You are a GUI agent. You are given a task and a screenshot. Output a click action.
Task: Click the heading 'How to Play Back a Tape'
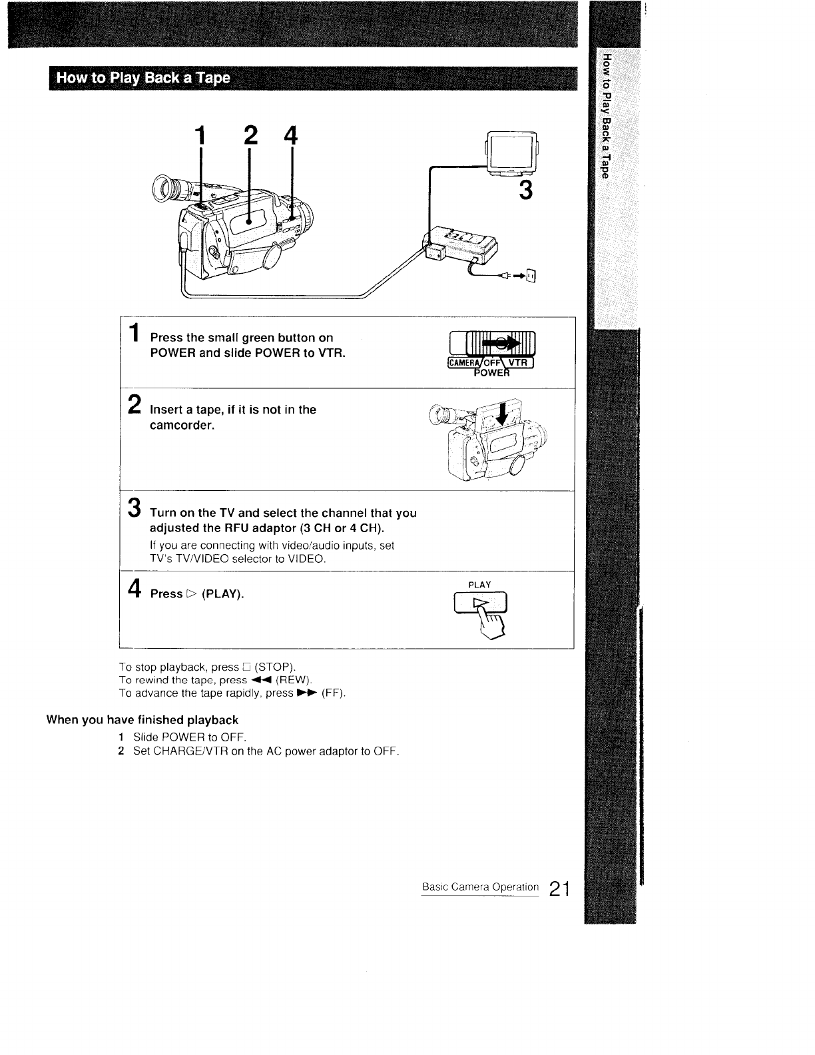pyautogui.click(x=143, y=79)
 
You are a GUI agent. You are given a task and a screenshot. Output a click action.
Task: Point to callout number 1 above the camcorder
pyautogui.click(x=198, y=138)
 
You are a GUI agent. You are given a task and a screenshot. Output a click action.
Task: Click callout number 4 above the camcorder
pyautogui.click(x=290, y=137)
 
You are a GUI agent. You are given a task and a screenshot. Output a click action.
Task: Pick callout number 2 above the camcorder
pyautogui.click(x=250, y=137)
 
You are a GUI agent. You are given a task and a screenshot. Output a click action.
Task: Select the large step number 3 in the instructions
pyautogui.click(x=135, y=507)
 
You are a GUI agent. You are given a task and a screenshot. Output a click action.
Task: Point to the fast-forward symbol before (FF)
pyautogui.click(x=307, y=693)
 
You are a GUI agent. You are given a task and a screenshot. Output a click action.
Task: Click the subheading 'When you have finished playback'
pyautogui.click(x=142, y=720)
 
